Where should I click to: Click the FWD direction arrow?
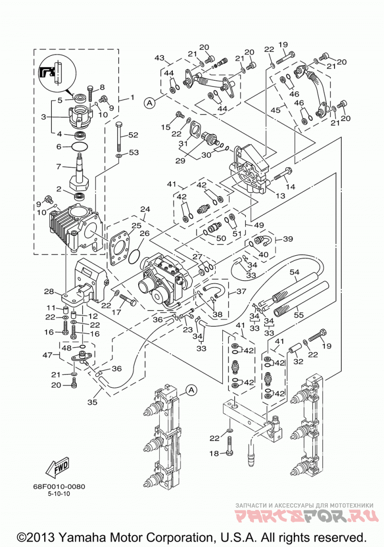58,468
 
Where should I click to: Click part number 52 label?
133,135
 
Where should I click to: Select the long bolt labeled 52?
119,137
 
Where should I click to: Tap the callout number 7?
59,167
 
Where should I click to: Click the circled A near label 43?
149,103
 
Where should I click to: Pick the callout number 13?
280,196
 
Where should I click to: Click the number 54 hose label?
294,272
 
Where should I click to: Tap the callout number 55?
299,315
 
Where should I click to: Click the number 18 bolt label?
214,453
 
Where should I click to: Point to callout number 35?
92,402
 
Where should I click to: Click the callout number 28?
49,291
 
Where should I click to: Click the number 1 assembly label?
132,97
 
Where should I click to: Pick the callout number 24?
145,209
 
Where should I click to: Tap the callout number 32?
298,362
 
